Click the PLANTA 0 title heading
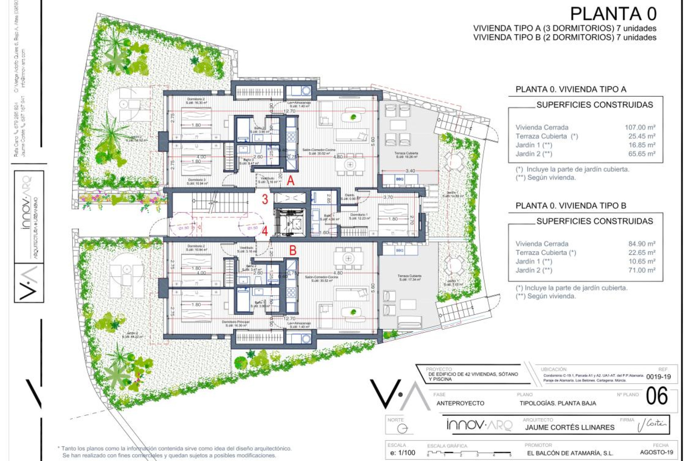pyautogui.click(x=613, y=14)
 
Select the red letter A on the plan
pyautogui.click(x=290, y=180)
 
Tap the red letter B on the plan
pyautogui.click(x=293, y=250)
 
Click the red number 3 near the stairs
pyautogui.click(x=265, y=199)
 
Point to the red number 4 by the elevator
pyautogui.click(x=265, y=231)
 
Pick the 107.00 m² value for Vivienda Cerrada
pyautogui.click(x=640, y=127)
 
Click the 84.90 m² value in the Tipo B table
pyautogui.click(x=642, y=244)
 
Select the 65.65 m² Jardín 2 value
pyautogui.click(x=642, y=154)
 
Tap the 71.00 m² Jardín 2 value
pyautogui.click(x=642, y=270)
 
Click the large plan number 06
pyautogui.click(x=656, y=396)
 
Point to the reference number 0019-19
pyautogui.click(x=658, y=377)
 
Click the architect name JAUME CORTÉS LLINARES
pyautogui.click(x=569, y=428)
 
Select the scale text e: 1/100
pyautogui.click(x=403, y=453)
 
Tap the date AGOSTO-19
pyautogui.click(x=656, y=452)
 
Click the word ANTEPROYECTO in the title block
pyautogui.click(x=460, y=403)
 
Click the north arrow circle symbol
pyautogui.click(x=402, y=429)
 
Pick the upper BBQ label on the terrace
pyautogui.click(x=399, y=179)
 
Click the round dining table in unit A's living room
pyautogui.click(x=350, y=165)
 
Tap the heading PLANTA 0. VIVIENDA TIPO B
pyautogui.click(x=571, y=206)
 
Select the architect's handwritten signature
pyautogui.click(x=652, y=425)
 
